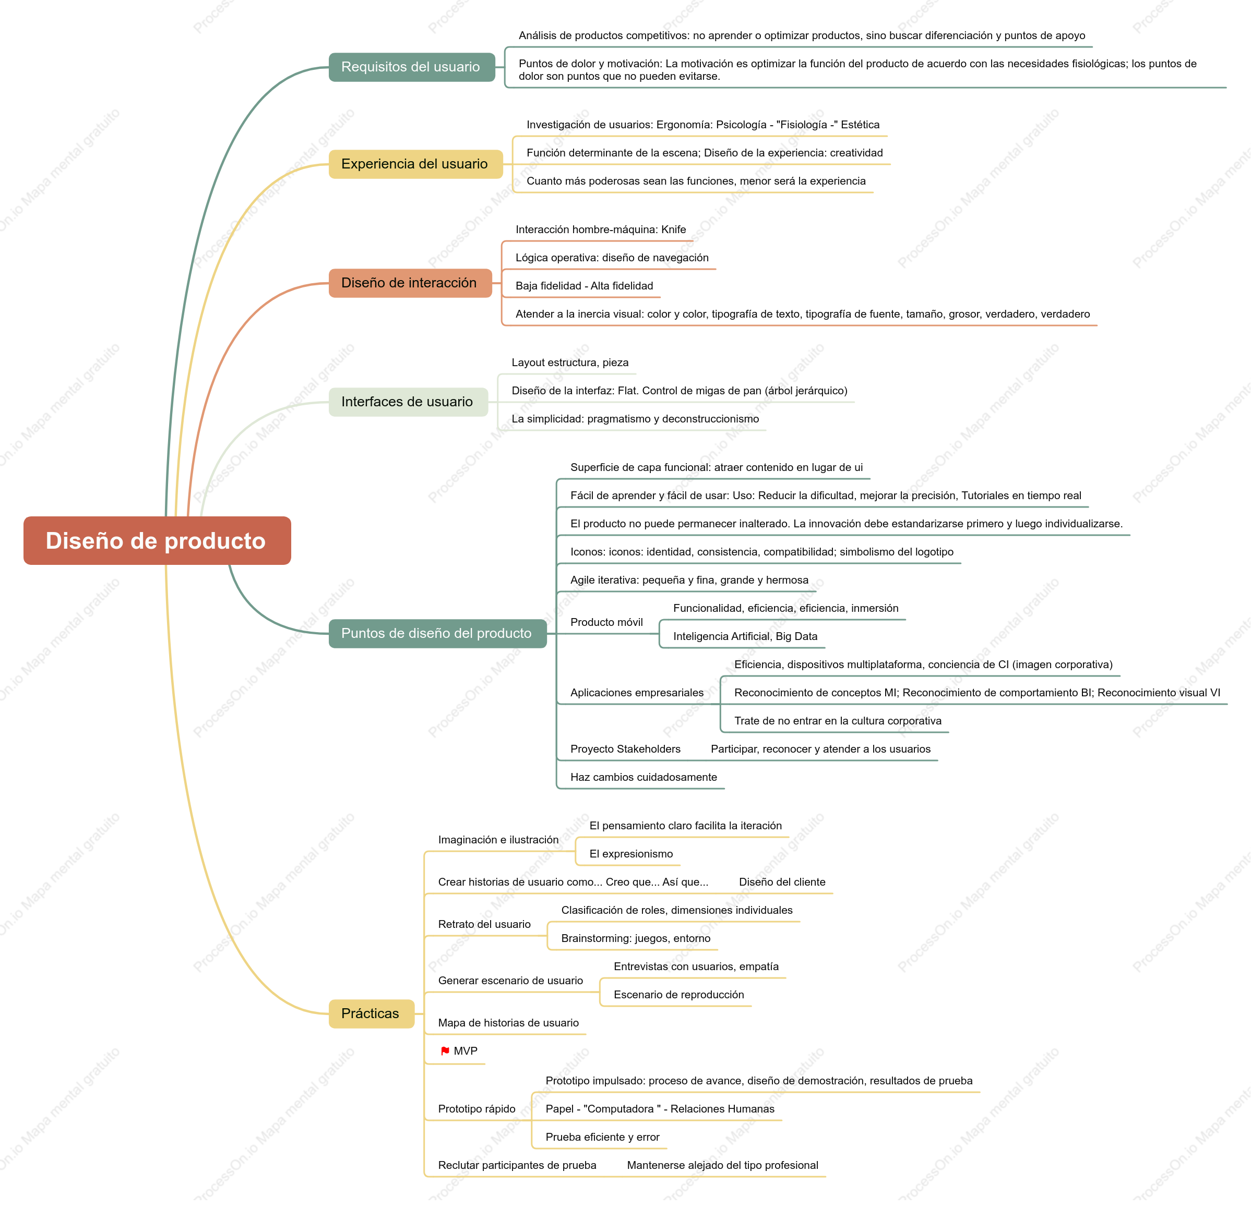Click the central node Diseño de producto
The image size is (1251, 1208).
157,541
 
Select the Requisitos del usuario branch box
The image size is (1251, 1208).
412,67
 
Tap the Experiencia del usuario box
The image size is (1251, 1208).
415,164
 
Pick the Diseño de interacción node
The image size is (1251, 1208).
410,283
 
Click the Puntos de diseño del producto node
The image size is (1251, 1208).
438,633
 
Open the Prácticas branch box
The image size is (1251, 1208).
372,1013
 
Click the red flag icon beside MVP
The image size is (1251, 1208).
445,1051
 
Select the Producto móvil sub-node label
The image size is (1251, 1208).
606,622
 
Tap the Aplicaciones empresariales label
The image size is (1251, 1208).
637,693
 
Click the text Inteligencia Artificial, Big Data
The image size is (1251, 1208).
745,636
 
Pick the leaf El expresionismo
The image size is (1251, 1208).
630,853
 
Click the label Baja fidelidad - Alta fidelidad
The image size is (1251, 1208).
584,286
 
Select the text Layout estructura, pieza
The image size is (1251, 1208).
570,363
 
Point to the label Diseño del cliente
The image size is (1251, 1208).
782,882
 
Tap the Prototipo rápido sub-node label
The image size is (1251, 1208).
477,1108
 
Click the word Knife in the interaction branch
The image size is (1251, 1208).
673,229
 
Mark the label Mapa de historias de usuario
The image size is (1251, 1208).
508,1022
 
